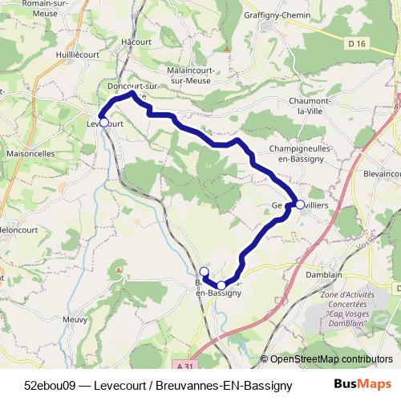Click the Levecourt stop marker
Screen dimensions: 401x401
(103, 123)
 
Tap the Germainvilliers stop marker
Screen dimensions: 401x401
(300, 205)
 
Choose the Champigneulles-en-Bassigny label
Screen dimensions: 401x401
(306, 154)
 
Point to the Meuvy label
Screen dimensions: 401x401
(75, 318)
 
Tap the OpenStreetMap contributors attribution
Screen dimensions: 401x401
(326, 359)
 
